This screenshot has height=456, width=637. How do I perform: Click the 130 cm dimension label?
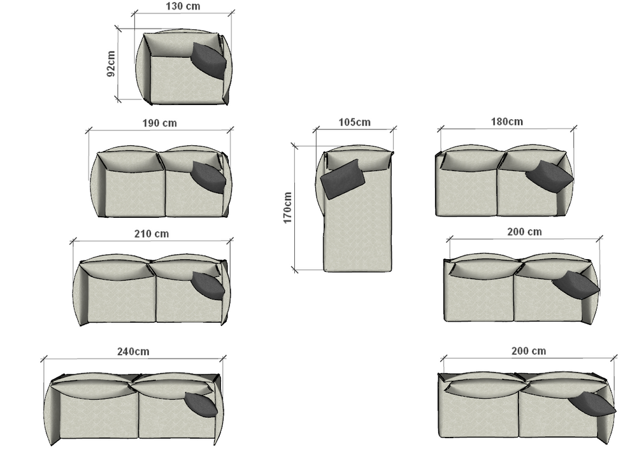click(183, 6)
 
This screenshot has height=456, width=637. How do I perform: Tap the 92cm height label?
click(110, 63)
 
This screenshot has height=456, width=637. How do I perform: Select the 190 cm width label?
click(160, 123)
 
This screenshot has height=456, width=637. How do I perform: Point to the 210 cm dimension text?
click(152, 234)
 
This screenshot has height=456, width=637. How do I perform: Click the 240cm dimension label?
click(133, 352)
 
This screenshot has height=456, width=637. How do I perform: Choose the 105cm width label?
click(355, 122)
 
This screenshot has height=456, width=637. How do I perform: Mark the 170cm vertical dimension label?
click(287, 208)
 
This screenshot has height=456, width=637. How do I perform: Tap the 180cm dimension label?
click(507, 122)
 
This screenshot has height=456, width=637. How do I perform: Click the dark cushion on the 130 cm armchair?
click(208, 60)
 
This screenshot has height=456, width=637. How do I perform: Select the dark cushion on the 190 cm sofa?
click(208, 177)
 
